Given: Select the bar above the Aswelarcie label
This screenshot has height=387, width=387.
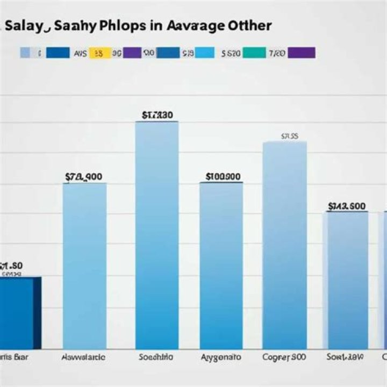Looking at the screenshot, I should (84, 266).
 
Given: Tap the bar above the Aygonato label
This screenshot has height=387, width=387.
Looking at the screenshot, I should (221, 266).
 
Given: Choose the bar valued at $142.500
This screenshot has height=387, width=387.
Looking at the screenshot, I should (347, 279).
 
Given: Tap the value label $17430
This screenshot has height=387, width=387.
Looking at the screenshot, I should (157, 114).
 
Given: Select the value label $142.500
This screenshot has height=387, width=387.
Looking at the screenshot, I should (347, 206).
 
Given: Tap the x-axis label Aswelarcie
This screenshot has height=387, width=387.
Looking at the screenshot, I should (83, 357).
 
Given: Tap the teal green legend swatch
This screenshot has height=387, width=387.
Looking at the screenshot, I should (254, 53).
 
